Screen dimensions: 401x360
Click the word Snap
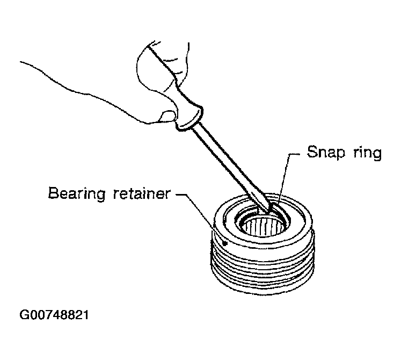pyautogui.click(x=326, y=152)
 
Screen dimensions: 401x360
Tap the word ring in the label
pyautogui.click(x=368, y=153)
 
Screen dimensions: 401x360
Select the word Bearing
pyautogui.click(x=76, y=194)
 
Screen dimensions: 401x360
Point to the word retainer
pyautogui.click(x=142, y=193)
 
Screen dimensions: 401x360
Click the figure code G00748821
pyautogui.click(x=54, y=315)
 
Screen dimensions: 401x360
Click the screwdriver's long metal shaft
pyautogui.click(x=230, y=167)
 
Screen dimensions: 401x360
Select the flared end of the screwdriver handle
pyautogui.click(x=189, y=118)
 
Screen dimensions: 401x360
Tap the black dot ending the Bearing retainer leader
pyautogui.click(x=225, y=243)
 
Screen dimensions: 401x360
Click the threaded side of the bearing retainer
pyautogui.click(x=263, y=271)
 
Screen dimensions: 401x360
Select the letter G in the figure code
pyautogui.click(x=24, y=315)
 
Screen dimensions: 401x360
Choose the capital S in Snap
pyautogui.click(x=312, y=152)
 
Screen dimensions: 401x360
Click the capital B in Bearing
pyautogui.click(x=53, y=193)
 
